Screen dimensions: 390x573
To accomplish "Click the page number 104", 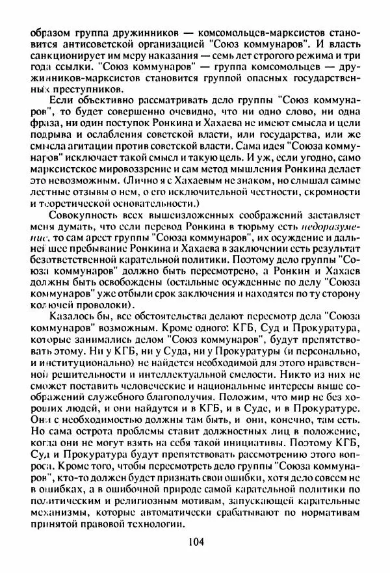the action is [194, 540].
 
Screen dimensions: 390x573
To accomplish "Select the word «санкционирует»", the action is [62, 56].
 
